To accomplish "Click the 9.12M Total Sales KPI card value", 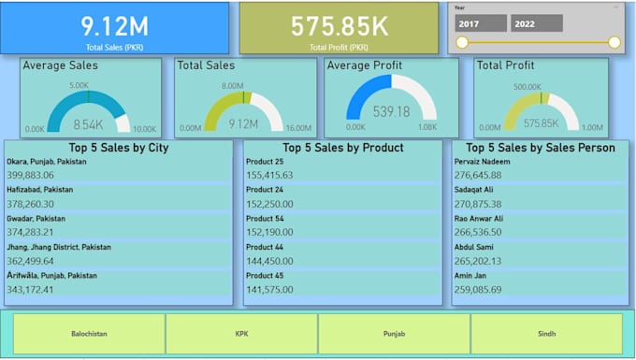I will point(115,24).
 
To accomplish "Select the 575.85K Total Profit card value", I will point(339,24).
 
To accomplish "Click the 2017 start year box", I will point(482,23).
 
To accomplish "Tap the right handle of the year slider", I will point(614,42).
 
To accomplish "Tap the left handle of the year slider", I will point(461,42).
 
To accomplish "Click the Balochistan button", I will point(89,334).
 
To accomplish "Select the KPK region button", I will point(241,334).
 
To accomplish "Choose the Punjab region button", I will point(394,334).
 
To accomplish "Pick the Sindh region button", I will point(546,334).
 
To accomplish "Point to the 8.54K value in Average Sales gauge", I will point(88,123).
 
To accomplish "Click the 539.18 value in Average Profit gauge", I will point(391,112).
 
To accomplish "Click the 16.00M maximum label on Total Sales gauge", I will point(297,129).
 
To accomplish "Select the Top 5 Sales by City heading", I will point(119,148).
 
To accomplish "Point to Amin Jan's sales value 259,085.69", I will point(478,290).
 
